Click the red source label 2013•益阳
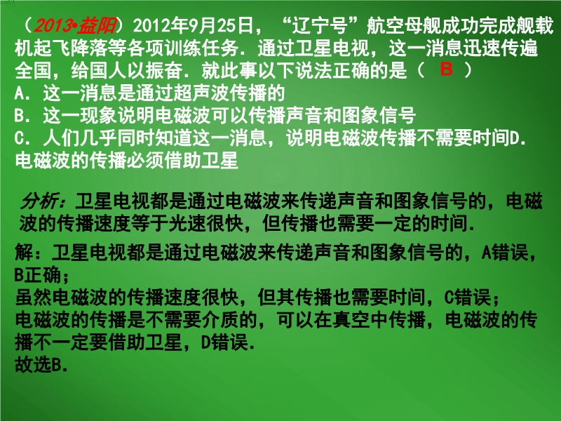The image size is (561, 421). tap(75, 25)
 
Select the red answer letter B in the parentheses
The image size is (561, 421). tap(446, 69)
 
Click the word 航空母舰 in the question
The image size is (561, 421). tap(403, 25)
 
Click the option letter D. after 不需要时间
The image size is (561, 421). tap(518, 138)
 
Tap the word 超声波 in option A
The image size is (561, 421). tap(201, 93)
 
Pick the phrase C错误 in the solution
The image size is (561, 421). tap(468, 298)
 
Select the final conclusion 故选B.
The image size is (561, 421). tap(41, 365)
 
